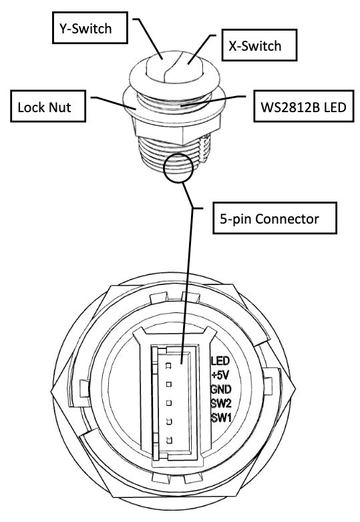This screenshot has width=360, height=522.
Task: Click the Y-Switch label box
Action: coord(90,27)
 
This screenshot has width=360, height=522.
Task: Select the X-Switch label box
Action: coord(259,45)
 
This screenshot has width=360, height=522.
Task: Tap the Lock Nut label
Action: coord(48,106)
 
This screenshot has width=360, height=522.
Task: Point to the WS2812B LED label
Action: coord(303,106)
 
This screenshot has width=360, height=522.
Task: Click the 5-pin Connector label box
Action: coord(275,218)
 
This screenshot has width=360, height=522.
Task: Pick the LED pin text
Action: coord(220,361)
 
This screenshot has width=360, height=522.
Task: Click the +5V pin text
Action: coord(220,375)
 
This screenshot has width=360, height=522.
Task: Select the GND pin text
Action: coord(221,389)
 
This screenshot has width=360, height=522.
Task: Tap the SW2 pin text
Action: coord(221,403)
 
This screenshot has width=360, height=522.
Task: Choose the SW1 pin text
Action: coord(221,417)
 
